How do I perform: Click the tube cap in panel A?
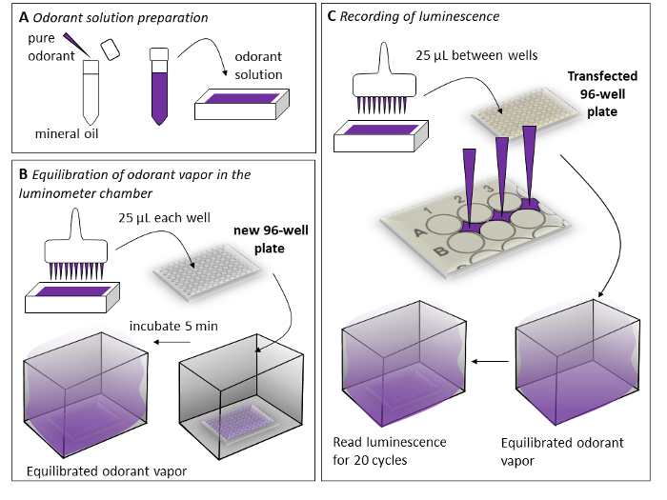point(111,50)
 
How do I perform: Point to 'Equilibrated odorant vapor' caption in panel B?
point(104,470)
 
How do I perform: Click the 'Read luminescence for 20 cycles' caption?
point(390,450)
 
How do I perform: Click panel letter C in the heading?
point(332,16)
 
